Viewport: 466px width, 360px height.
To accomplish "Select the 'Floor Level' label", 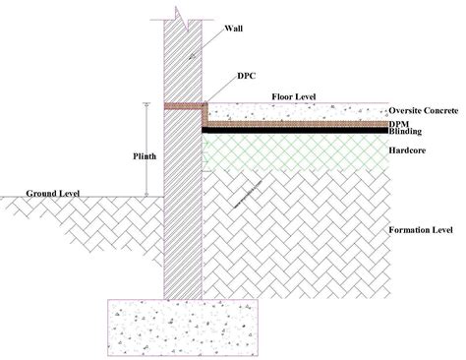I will pos(293,94).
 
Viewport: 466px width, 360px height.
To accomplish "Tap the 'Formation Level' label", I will pos(420,228).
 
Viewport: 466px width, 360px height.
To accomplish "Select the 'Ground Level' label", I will pos(52,193).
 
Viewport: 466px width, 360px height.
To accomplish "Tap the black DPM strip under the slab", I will pos(295,127).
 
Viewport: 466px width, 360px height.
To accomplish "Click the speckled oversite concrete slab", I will pos(295,113).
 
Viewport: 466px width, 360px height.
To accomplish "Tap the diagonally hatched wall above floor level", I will pos(183,59).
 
